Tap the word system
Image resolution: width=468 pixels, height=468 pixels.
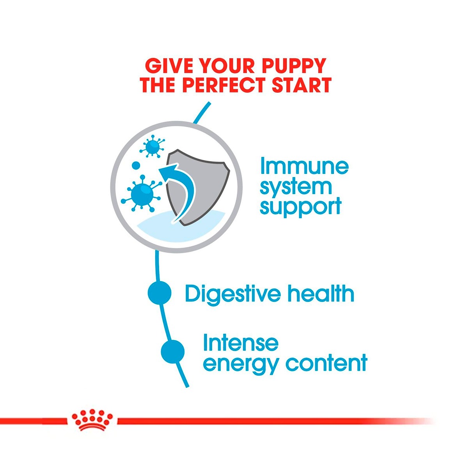pyautogui.click(x=296, y=187)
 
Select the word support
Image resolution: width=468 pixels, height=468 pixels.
pyautogui.click(x=300, y=207)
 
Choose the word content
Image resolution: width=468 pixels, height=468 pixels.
pyautogui.click(x=326, y=363)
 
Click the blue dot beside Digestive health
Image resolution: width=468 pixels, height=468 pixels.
pyautogui.click(x=160, y=293)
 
